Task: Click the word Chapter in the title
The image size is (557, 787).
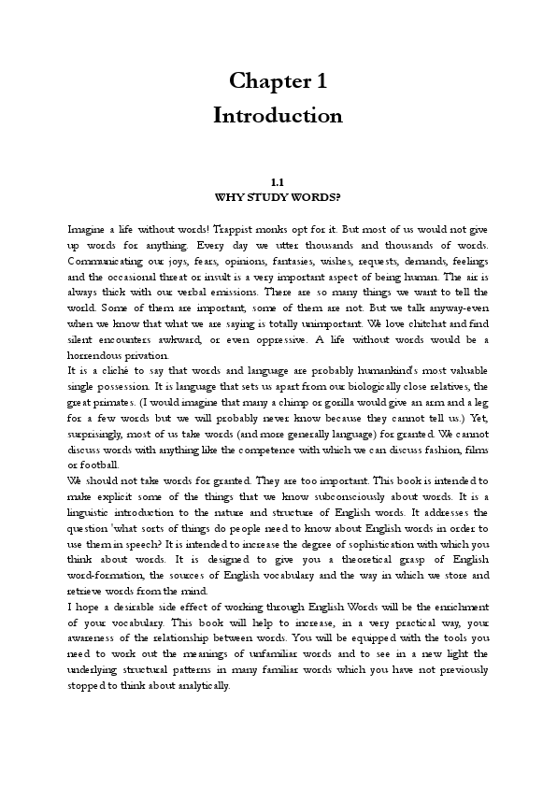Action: pos(263,81)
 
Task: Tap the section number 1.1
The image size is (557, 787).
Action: pos(277,183)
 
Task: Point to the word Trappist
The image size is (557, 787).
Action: pos(266,229)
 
